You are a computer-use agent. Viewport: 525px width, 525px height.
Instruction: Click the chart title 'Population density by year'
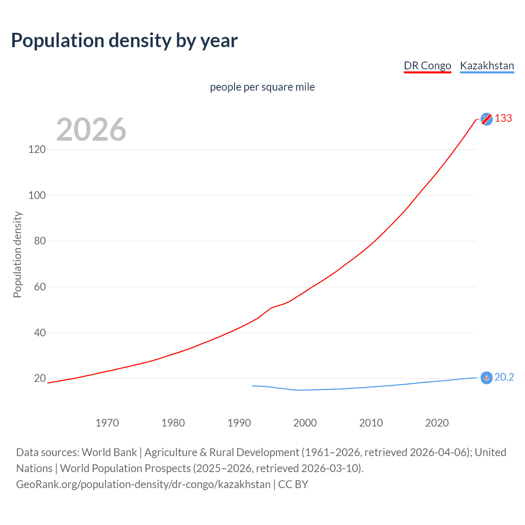pos(124,41)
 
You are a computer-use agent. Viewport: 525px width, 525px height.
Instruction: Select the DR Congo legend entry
pos(427,66)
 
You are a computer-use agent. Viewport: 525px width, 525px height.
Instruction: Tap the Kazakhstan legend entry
pos(487,66)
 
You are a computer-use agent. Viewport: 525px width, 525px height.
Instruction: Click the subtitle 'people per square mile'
pos(262,87)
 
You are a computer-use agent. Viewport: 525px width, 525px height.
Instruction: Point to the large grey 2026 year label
pos(91,130)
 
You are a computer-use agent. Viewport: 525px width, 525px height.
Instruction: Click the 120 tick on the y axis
pos(37,149)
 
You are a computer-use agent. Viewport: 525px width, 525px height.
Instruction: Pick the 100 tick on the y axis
pos(37,195)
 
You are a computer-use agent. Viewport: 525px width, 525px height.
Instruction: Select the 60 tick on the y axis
pos(39,287)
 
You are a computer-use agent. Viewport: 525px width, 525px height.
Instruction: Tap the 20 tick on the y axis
pos(39,378)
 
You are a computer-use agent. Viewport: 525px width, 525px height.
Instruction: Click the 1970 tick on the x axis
pos(107,423)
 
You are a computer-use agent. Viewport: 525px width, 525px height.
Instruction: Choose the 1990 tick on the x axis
pos(239,423)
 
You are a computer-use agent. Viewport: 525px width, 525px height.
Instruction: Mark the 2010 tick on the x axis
pos(371,423)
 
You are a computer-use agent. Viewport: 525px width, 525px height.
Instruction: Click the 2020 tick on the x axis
pos(437,423)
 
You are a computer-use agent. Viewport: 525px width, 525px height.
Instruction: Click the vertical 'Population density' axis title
pos(17,254)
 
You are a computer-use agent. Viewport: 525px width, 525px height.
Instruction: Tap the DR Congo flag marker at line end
pos(486,119)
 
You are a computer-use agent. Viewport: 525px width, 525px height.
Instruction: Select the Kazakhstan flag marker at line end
pos(486,378)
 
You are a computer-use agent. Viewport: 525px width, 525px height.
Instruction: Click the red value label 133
pos(503,119)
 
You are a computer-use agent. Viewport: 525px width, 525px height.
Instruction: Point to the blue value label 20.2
pos(504,377)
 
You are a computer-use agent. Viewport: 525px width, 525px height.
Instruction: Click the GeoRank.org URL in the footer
pos(143,484)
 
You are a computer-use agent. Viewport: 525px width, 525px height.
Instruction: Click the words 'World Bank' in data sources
pos(109,452)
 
